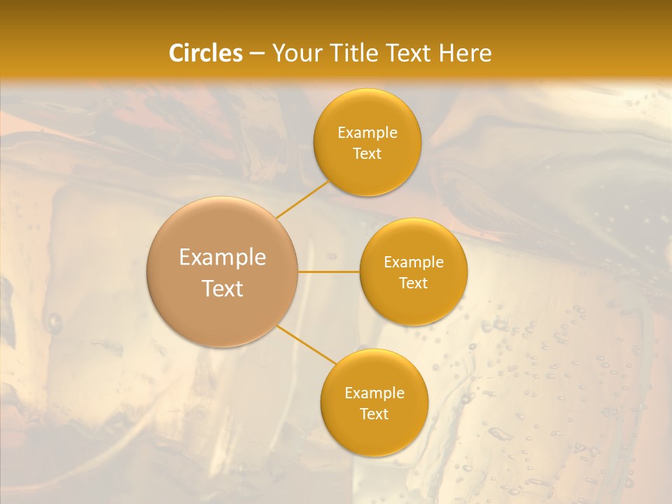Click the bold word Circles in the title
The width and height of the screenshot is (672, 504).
tap(206, 53)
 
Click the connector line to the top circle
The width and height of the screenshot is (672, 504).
tap(303, 199)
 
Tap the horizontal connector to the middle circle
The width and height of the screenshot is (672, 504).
tap(329, 272)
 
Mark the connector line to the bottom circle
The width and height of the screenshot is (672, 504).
tap(307, 344)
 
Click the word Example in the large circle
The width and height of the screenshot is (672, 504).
tap(223, 258)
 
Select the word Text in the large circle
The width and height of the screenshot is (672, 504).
tap(223, 288)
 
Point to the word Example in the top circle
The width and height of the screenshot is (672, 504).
tap(367, 133)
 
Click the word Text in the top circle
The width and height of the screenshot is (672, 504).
tap(367, 154)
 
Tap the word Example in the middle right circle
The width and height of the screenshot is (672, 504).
tap(414, 262)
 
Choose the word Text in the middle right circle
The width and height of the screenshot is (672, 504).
tap(414, 283)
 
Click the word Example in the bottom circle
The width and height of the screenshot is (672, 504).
tap(374, 393)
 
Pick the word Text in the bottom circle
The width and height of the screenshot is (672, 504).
tap(374, 414)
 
